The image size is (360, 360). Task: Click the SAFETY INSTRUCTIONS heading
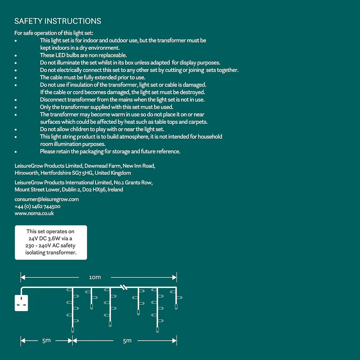[58, 21]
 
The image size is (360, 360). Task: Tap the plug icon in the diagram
[21, 303]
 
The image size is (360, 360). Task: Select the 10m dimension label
[95, 277]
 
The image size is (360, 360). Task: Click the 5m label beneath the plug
[46, 341]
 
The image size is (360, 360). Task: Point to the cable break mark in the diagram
[124, 287]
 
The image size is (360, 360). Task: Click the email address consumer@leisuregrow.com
[47, 199]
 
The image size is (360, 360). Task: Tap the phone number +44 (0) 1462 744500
[37, 206]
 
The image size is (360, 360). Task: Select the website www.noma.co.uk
[34, 213]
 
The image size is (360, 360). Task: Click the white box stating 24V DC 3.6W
[51, 242]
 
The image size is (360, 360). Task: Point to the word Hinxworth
[27, 173]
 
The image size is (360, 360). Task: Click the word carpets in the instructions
[198, 122]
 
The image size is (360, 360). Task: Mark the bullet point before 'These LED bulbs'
[15, 56]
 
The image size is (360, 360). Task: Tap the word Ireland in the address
[115, 189]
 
